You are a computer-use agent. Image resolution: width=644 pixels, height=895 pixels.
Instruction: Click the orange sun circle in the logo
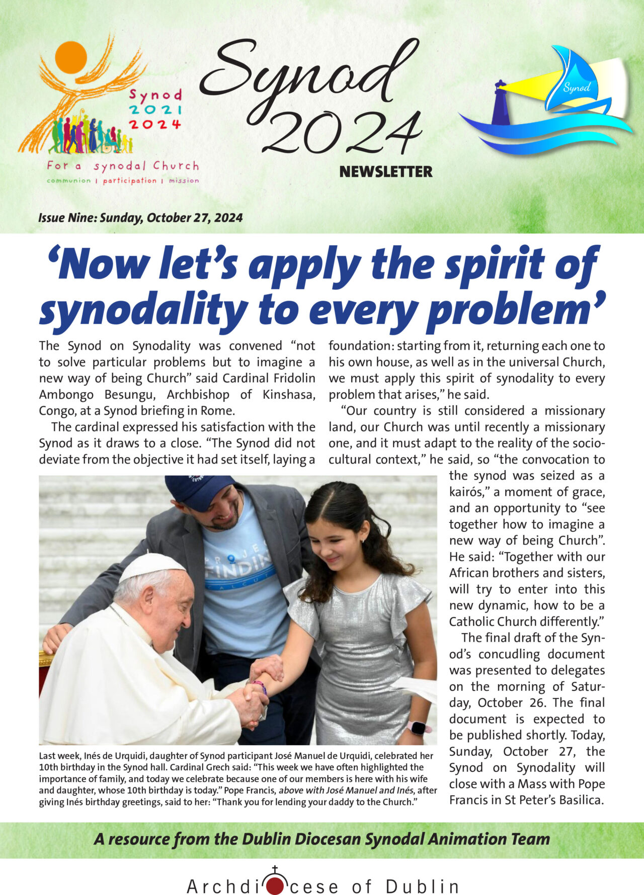tap(71, 57)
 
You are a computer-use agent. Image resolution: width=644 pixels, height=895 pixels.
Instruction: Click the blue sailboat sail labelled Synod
tap(574, 80)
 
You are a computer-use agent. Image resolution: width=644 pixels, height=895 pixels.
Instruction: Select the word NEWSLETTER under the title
tap(386, 172)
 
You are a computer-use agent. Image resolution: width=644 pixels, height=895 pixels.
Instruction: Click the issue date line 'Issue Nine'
tap(140, 218)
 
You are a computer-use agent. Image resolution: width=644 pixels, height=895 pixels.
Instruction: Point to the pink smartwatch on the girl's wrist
tap(419, 728)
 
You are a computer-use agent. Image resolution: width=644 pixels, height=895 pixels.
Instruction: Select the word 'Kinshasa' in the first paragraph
tap(288, 395)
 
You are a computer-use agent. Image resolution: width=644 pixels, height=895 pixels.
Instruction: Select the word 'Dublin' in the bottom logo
tap(422, 886)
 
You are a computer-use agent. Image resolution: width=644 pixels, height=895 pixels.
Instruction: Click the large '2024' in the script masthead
tap(342, 132)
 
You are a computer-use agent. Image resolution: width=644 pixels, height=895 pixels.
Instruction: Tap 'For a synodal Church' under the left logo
tap(123, 165)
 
